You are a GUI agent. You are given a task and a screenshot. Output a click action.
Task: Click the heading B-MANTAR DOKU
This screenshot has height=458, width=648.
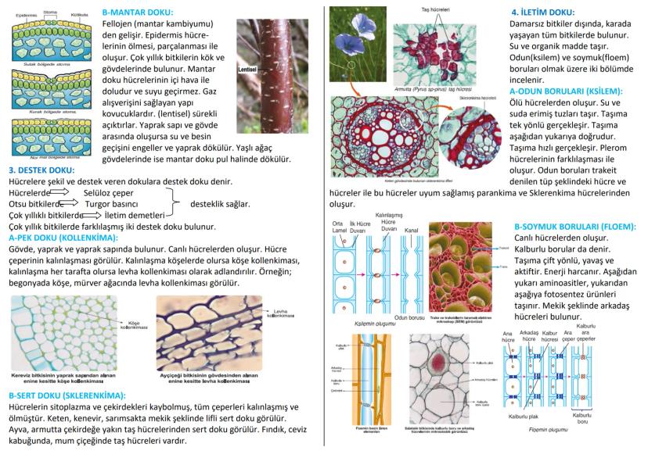click(138, 13)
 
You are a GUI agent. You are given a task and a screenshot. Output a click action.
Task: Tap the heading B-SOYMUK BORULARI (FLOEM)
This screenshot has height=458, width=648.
click(574, 227)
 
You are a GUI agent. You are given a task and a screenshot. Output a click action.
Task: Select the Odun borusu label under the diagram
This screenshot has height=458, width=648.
click(409, 317)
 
